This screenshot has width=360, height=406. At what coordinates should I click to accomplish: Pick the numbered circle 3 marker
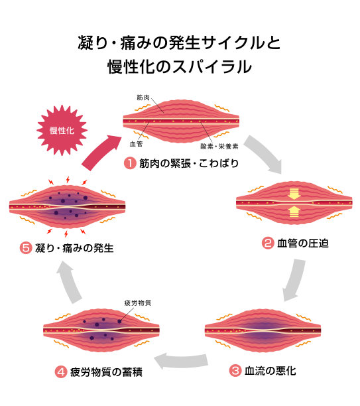tap(235, 370)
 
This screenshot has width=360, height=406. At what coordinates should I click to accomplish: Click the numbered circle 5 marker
tap(26, 249)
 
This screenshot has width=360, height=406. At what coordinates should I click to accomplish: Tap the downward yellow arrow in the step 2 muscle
tap(294, 194)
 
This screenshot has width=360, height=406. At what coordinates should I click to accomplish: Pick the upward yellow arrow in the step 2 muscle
tap(294, 212)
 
